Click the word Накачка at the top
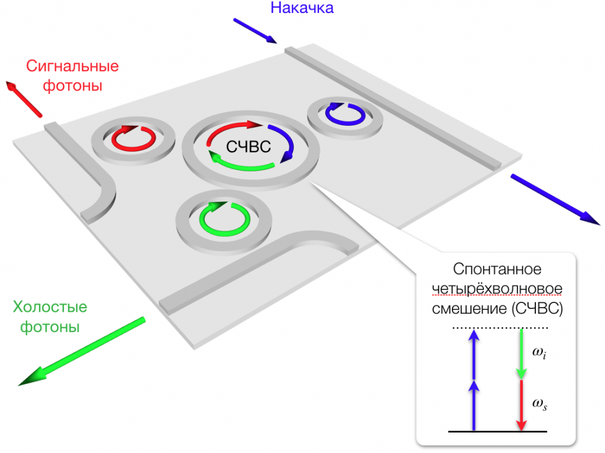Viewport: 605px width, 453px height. [x=302, y=8]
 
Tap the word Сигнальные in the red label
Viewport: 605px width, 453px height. [x=73, y=66]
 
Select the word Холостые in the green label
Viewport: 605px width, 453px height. [x=50, y=307]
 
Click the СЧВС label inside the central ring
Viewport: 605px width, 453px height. [x=249, y=146]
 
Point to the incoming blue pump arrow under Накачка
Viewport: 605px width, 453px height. [x=255, y=31]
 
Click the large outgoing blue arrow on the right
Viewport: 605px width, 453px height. [x=555, y=200]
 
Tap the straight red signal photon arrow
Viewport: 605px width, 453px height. [x=24, y=99]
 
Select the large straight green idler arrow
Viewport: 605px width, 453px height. [x=82, y=351]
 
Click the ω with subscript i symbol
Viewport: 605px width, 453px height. [x=539, y=353]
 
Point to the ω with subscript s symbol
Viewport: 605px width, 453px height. [x=539, y=404]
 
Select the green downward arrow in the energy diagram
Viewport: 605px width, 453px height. [x=521, y=354]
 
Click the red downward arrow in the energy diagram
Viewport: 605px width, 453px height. [x=521, y=405]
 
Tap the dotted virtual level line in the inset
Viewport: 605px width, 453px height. [x=500, y=328]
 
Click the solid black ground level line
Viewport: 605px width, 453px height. [x=497, y=431]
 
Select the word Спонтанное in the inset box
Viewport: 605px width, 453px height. [x=497, y=269]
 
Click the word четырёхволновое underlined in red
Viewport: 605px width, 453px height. [x=497, y=289]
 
